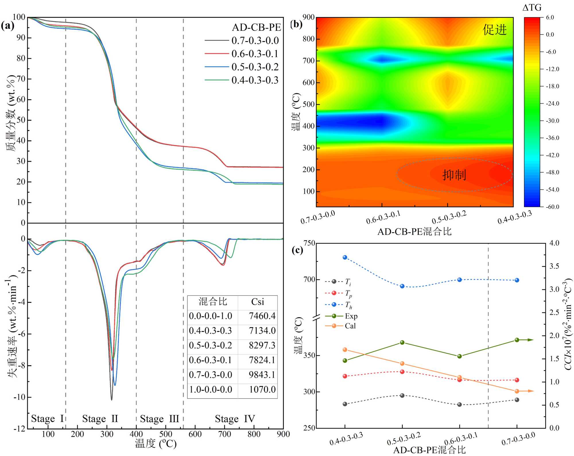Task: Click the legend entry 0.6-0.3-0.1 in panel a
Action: coord(255,54)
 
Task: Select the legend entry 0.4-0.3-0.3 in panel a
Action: coord(255,80)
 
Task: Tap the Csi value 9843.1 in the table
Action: coord(262,375)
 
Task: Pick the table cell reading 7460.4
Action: coord(262,316)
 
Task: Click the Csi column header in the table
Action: coord(257,302)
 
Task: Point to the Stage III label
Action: coord(160,419)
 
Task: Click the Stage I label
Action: coord(47,419)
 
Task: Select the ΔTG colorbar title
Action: coord(532,8)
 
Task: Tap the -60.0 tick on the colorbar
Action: coord(552,207)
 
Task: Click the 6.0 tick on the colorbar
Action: coord(550,18)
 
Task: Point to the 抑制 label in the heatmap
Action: coord(454,175)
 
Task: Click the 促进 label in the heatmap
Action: coord(495,30)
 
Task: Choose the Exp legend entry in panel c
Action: coord(351,316)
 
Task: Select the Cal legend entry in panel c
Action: coord(350,326)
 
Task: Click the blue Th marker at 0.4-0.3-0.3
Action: coord(345,257)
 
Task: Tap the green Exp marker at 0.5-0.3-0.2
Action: coord(402,343)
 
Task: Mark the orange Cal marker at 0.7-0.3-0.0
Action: coord(517,391)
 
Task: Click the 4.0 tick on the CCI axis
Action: coord(554,243)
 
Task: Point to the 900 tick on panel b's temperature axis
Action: coord(309,17)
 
